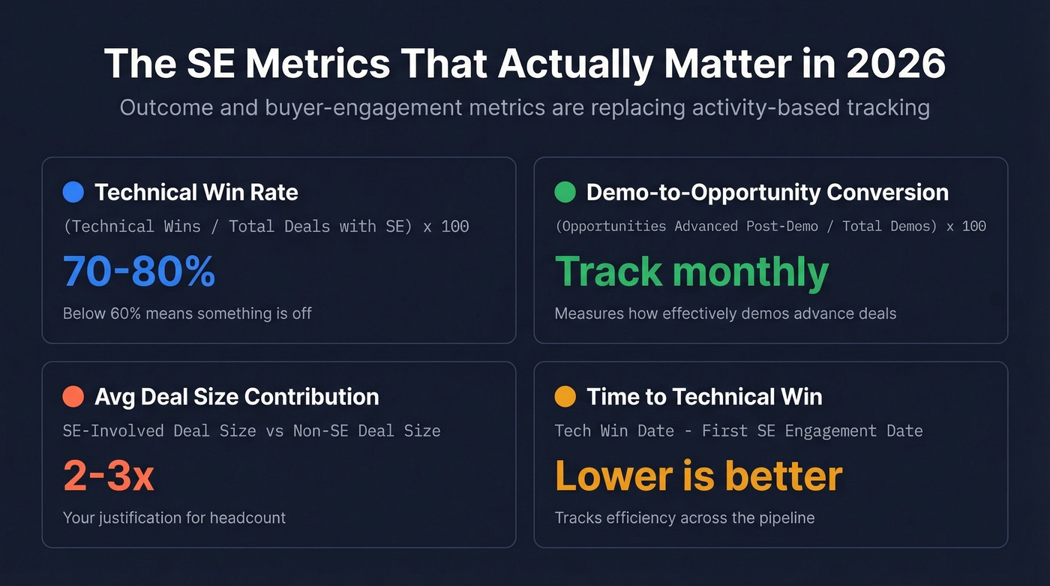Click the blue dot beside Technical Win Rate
coord(73,193)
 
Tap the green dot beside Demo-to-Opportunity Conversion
coord(565,193)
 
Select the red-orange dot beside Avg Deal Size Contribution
coord(73,397)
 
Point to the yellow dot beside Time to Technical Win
coord(565,397)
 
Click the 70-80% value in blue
coord(139,272)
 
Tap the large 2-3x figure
coord(109,476)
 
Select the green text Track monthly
coord(691,272)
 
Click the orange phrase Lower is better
coord(698,476)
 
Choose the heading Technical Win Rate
coord(196,193)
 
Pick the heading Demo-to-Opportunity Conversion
coord(767,193)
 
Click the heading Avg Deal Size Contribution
coord(236,397)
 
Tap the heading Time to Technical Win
coord(704,397)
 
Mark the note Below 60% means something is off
coord(187,314)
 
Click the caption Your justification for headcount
coord(174,518)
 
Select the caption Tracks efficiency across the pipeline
coord(684,518)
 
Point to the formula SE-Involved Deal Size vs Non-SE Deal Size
coord(251,431)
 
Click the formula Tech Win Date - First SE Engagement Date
coord(738,431)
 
